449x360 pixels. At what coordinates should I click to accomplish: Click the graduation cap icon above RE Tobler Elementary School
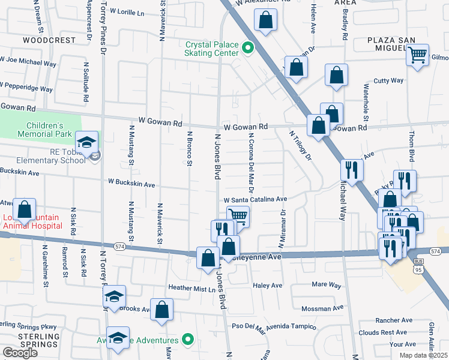point(87,142)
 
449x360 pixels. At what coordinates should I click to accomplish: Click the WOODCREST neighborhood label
point(49,40)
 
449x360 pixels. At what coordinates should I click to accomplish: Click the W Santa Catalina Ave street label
point(255,200)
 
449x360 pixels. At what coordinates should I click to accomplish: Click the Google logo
point(20,353)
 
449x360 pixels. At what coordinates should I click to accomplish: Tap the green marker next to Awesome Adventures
point(188,340)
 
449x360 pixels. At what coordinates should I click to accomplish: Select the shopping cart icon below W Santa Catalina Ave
point(238,216)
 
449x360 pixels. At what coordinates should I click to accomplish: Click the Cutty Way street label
point(388,80)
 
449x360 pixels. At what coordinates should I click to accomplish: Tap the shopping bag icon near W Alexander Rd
point(265,20)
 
